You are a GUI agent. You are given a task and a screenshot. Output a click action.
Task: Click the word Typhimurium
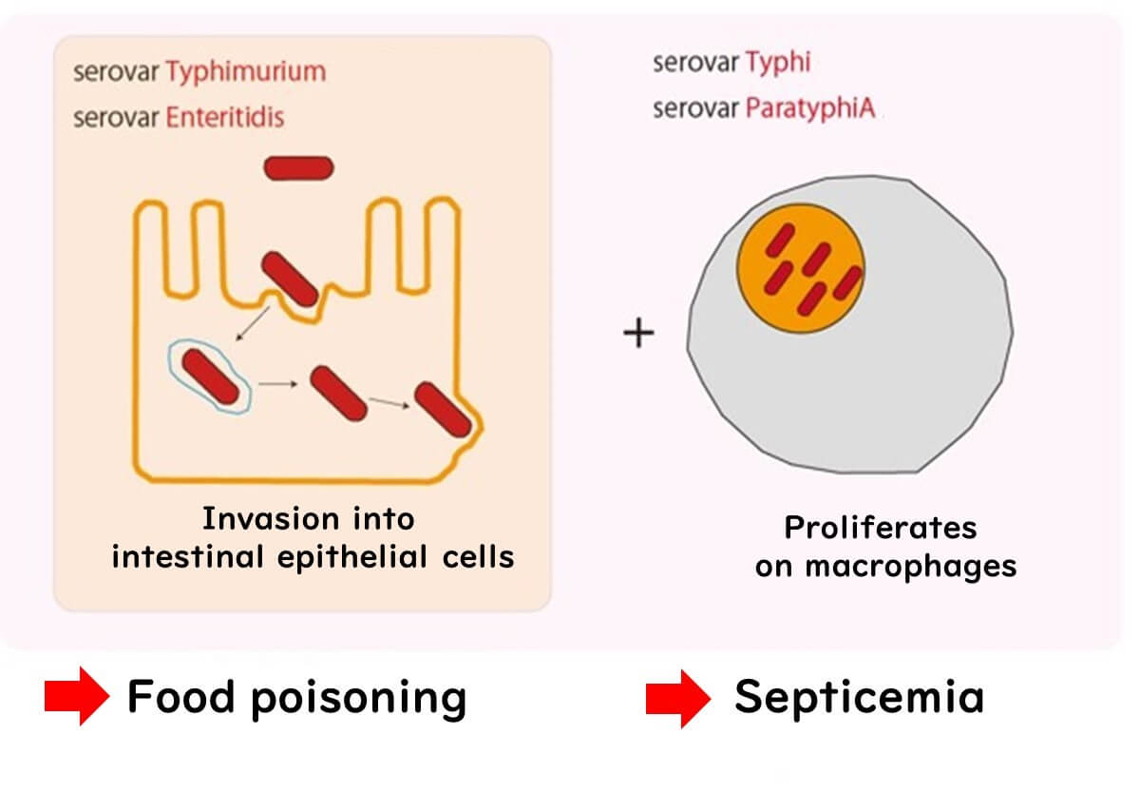[x=245, y=72]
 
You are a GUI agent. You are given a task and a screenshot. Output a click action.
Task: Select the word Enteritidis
[x=225, y=118]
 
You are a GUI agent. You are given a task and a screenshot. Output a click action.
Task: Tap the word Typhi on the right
[x=778, y=64]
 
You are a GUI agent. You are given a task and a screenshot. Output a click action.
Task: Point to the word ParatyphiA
[x=813, y=108]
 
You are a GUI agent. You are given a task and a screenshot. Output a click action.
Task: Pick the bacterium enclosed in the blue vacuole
[x=210, y=376]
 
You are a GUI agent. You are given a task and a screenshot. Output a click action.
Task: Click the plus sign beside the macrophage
[x=638, y=333]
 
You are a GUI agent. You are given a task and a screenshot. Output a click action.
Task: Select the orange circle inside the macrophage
[x=801, y=265]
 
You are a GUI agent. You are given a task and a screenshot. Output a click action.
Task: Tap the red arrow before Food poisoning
[x=77, y=698]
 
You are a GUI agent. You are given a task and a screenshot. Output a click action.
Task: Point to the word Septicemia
[x=859, y=697]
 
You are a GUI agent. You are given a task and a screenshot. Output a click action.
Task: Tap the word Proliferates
[x=881, y=527]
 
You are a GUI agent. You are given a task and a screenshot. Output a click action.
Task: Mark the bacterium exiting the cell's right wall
[x=444, y=410]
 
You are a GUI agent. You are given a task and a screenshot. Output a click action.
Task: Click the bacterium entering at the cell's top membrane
[x=290, y=280]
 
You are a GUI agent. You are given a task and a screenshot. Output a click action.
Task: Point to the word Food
[x=181, y=697]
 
